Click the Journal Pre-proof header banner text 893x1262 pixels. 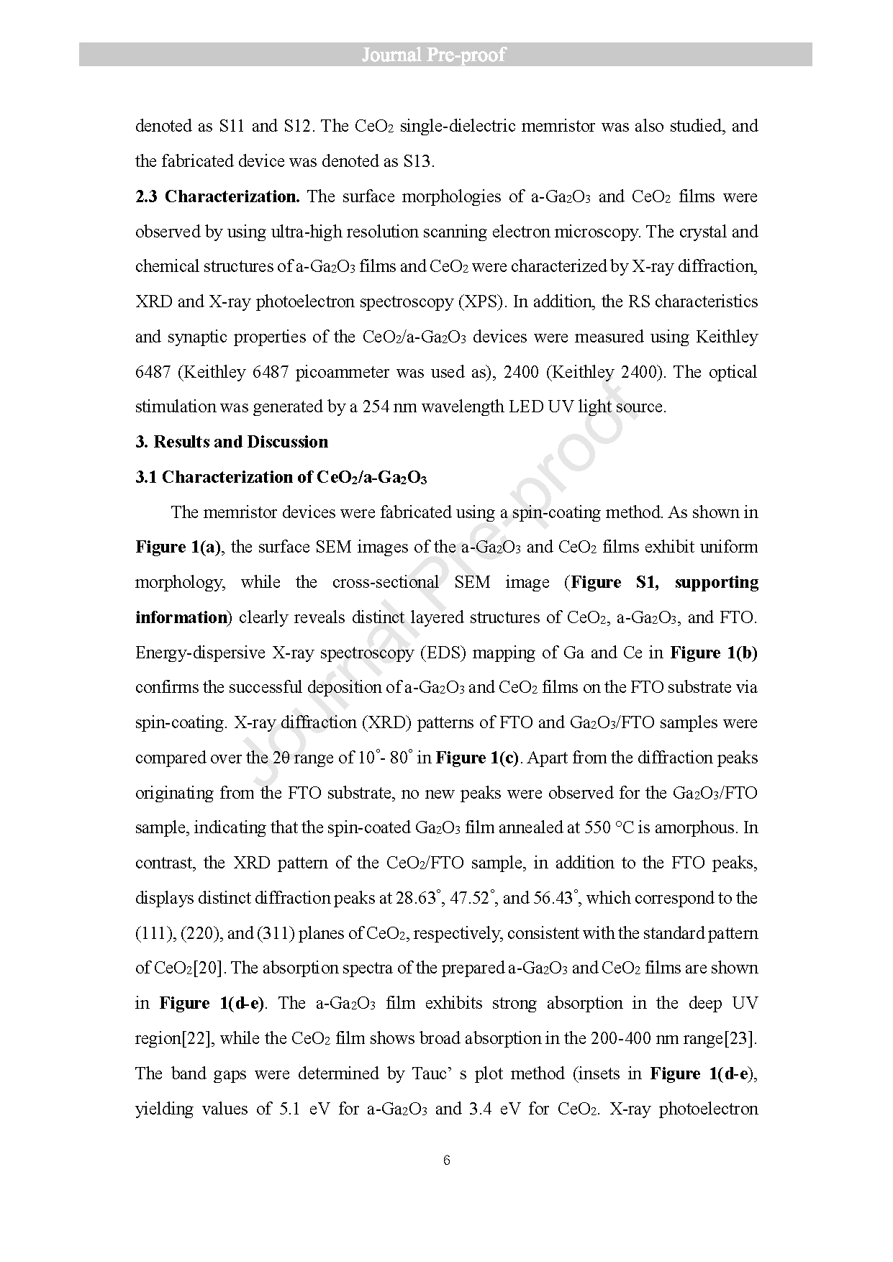point(433,55)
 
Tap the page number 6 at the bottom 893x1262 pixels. point(447,1160)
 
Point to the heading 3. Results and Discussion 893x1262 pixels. point(232,442)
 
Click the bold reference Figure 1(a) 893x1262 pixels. point(178,548)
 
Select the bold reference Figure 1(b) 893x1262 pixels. point(714,653)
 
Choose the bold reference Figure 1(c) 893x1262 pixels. point(477,758)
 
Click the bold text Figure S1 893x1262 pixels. point(614,582)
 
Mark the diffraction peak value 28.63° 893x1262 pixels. point(418,898)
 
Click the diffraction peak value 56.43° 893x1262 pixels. point(557,898)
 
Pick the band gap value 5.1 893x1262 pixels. point(288,1109)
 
